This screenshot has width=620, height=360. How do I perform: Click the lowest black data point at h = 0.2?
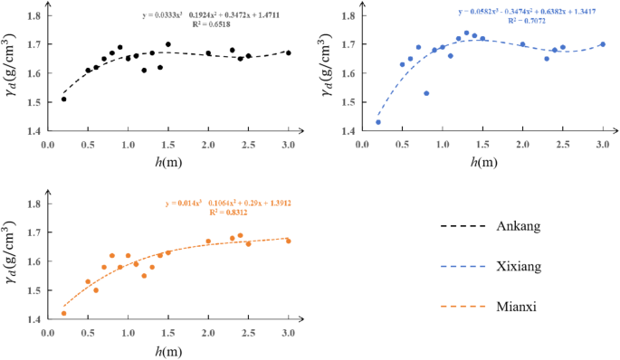pyautogui.click(x=63, y=99)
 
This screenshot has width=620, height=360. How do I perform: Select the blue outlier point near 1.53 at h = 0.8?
pyautogui.click(x=426, y=93)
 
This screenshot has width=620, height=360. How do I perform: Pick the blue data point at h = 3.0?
pyautogui.click(x=603, y=44)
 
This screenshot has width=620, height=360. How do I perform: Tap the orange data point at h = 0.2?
pyautogui.click(x=63, y=313)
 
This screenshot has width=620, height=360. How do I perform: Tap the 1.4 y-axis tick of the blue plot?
pyautogui.click(x=349, y=131)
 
